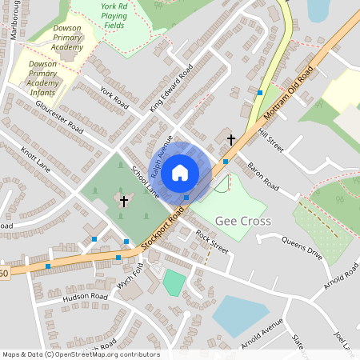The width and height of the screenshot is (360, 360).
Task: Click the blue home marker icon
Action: point(180,172)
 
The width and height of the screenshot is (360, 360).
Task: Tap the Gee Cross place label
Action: point(242,220)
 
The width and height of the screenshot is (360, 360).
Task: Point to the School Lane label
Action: point(145,182)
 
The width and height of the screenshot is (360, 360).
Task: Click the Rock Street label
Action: point(212,241)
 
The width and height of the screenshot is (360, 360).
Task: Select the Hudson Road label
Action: point(85,296)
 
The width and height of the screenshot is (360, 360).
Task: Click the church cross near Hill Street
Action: point(231,140)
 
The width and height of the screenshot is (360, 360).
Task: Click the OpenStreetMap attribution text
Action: point(81,354)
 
